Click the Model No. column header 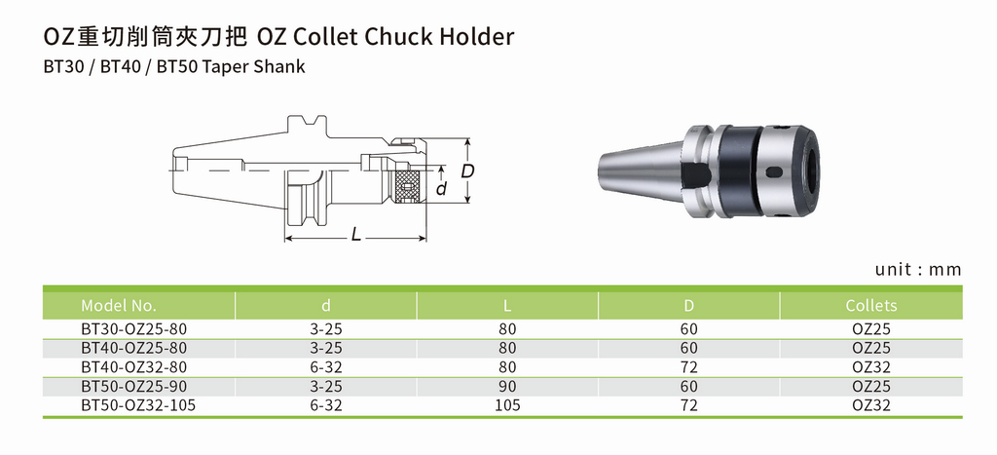(118, 306)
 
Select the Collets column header (871, 306)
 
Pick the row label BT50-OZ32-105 (138, 405)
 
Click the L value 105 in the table (507, 405)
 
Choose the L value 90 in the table (507, 386)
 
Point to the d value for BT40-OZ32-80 (325, 367)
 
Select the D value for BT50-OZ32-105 (688, 405)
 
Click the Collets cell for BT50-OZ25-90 (871, 386)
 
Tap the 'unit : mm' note (918, 269)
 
